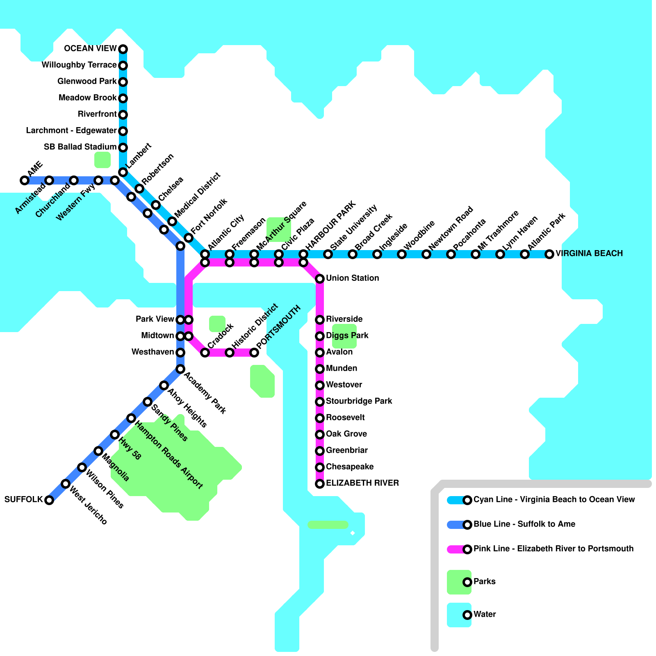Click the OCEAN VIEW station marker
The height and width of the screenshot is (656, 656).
(x=123, y=49)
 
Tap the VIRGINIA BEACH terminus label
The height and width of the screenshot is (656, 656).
(x=589, y=253)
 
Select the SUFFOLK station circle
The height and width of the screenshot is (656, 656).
(x=49, y=500)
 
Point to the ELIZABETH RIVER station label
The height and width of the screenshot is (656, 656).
(x=362, y=483)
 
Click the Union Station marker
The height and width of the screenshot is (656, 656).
(x=320, y=279)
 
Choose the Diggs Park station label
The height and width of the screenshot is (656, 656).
(x=347, y=335)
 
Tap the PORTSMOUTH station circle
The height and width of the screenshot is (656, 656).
(x=254, y=353)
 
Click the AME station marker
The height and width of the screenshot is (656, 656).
(x=25, y=180)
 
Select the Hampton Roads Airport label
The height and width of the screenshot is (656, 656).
(x=169, y=455)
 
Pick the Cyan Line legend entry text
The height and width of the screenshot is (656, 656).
(x=554, y=499)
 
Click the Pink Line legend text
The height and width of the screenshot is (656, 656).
(x=553, y=549)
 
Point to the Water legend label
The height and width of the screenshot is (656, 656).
(x=485, y=614)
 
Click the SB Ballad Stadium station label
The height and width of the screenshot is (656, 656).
(x=80, y=147)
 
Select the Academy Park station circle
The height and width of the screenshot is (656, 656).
(x=180, y=369)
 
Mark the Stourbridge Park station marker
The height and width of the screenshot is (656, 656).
(x=320, y=402)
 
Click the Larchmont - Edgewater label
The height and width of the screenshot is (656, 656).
(x=71, y=130)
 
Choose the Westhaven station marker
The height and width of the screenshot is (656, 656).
(x=180, y=353)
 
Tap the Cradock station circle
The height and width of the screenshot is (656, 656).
(x=205, y=353)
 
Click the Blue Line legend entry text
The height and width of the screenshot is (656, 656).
(x=524, y=524)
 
